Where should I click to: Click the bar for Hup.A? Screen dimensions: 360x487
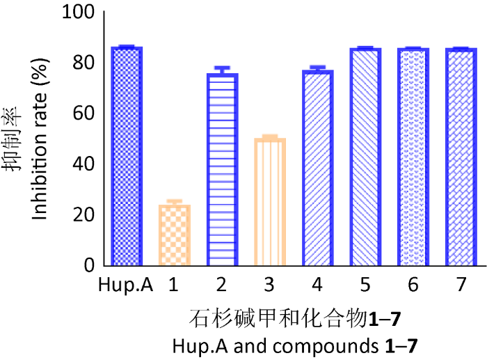coord(127,157)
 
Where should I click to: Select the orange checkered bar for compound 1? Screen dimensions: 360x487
coord(174,235)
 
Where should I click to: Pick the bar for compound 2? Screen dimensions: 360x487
coord(222,169)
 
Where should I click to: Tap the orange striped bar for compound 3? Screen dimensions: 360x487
coord(270,202)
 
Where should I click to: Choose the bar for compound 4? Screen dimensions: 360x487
coord(317,168)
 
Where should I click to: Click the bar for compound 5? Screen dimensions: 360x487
coord(365,157)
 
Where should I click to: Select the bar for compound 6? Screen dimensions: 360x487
coord(413,157)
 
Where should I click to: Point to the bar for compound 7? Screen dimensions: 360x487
coord(461,157)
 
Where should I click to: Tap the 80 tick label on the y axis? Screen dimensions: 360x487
coord(82,63)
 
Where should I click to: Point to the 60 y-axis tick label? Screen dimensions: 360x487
coord(82,114)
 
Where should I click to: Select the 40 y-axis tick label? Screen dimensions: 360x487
coord(82,164)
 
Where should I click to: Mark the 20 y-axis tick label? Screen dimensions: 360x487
coord(82,214)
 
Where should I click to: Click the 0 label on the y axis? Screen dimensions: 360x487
coord(88,265)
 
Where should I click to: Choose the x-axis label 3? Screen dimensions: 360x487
coord(270,286)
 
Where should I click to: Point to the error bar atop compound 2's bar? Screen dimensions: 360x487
coord(222,69)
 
